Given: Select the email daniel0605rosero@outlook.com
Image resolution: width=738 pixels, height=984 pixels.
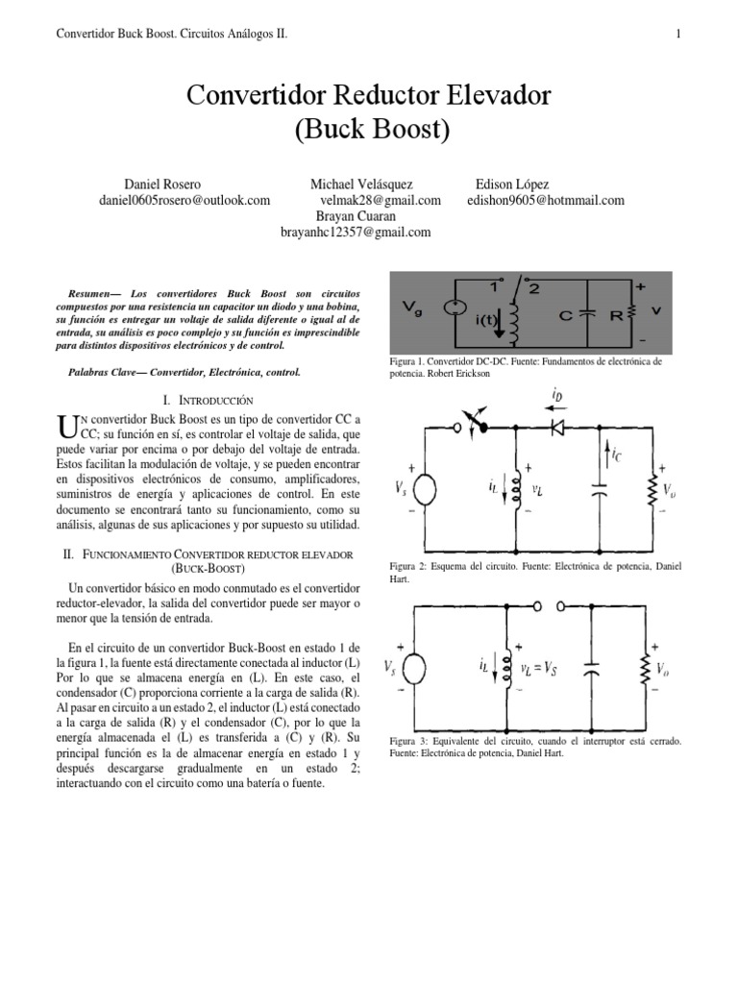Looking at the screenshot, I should coord(185,200).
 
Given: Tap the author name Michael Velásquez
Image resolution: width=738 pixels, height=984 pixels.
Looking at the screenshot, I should coord(368,184).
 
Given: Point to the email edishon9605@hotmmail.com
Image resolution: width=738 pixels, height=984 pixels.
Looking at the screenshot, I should coord(545,200).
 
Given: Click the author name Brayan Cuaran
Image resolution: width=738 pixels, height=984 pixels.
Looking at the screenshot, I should coord(356,216).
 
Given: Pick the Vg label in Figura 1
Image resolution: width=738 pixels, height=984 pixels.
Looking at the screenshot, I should coord(413,310).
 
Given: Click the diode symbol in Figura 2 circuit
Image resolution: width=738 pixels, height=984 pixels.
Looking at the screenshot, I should coord(557,426).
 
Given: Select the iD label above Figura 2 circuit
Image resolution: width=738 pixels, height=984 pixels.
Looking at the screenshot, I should coord(558,395).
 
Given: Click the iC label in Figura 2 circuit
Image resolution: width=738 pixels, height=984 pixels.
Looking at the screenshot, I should coord(616,456).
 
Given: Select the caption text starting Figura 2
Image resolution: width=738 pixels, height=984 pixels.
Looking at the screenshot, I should coord(535,573).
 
